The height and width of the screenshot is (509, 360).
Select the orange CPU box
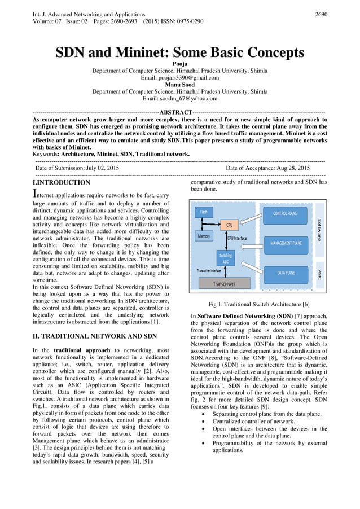229,225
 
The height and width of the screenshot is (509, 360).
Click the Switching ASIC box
225,258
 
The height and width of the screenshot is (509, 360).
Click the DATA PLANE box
286,273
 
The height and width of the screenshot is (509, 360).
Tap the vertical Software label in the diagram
319,230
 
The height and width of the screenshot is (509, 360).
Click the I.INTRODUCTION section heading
62,183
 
